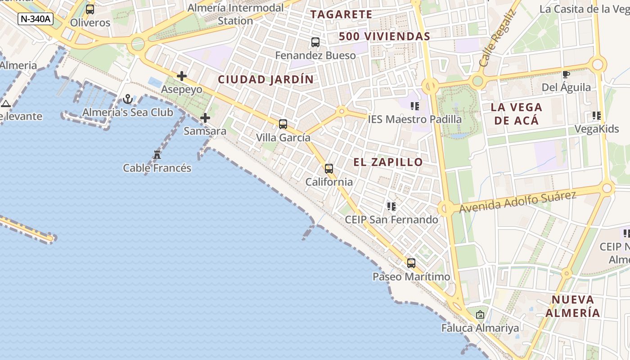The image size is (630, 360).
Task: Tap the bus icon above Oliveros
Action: [90, 9]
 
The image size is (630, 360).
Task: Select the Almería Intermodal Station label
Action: [235, 14]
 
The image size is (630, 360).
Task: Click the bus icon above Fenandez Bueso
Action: [315, 42]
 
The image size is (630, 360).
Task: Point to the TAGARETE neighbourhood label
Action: [342, 14]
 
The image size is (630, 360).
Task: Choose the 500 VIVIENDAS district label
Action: [385, 36]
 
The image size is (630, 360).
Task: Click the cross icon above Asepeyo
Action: [182, 76]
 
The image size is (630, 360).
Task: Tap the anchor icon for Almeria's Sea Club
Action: [128, 99]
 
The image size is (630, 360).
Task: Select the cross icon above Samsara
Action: [205, 118]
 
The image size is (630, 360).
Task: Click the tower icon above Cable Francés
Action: [157, 155]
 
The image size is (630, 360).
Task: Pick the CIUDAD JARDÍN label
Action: [266, 80]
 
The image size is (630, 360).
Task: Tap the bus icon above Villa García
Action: [283, 124]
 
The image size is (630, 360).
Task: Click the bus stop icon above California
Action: [329, 169]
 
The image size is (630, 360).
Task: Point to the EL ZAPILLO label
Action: [388, 162]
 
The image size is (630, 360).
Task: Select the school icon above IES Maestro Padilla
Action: [415, 106]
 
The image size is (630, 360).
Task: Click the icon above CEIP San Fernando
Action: [391, 207]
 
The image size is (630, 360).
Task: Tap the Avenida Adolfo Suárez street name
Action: [517, 202]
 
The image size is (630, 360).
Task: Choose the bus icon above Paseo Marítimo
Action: [411, 263]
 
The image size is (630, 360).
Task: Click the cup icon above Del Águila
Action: [566, 74]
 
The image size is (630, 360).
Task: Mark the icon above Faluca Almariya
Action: [480, 315]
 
